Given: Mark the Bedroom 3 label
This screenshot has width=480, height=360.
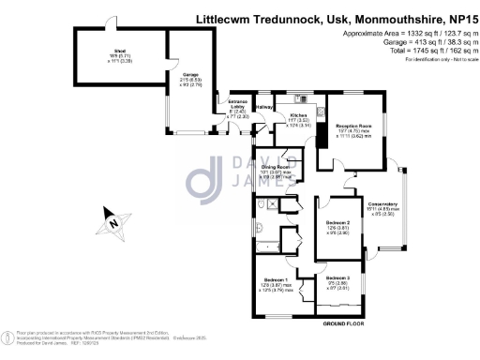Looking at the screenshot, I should click(337, 278).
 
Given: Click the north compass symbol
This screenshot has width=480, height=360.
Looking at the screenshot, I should click(112, 224).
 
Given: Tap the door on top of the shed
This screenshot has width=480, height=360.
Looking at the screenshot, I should click(111, 23).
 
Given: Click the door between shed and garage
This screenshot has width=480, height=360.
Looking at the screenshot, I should click(167, 56).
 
